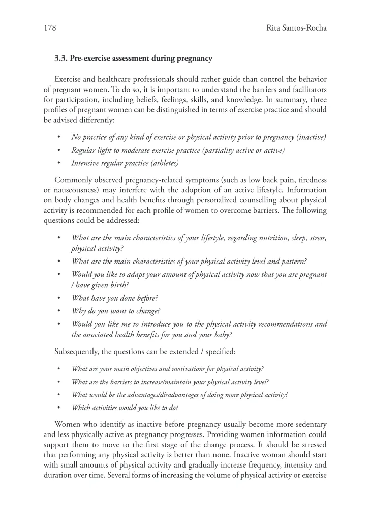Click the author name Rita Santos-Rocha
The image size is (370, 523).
point(296,28)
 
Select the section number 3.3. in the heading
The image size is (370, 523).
point(63,59)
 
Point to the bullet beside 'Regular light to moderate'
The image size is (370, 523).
point(60,150)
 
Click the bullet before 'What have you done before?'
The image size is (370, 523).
point(60,298)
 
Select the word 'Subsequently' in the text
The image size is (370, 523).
point(77,351)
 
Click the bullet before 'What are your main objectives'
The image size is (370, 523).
point(60,369)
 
